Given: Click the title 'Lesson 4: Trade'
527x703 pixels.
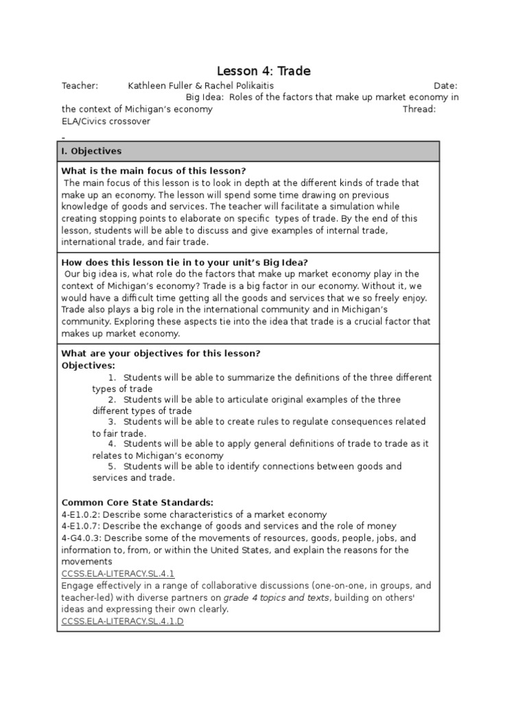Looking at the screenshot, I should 263,71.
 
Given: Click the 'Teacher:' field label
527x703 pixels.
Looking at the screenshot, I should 80,86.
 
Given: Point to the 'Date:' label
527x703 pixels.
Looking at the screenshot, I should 445,86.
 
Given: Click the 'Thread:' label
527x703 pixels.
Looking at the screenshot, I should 419,109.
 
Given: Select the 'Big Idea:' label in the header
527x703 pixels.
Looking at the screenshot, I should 205,97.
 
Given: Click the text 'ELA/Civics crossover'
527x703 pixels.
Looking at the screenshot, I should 106,121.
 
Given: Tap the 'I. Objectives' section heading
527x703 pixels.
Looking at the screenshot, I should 91,151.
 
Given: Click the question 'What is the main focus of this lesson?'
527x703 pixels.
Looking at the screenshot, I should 154,171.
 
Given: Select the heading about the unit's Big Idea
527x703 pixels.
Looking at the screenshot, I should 185,262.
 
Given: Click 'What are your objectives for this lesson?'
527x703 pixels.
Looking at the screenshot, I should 161,354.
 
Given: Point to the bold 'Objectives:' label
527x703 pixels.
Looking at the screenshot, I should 89,365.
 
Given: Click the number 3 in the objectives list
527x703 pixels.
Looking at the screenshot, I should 112,422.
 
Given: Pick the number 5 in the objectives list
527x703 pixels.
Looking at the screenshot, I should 112,466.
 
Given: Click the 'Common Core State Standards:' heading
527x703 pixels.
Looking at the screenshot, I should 137,503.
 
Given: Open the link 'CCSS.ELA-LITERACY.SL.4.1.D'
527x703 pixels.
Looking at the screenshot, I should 123,621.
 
